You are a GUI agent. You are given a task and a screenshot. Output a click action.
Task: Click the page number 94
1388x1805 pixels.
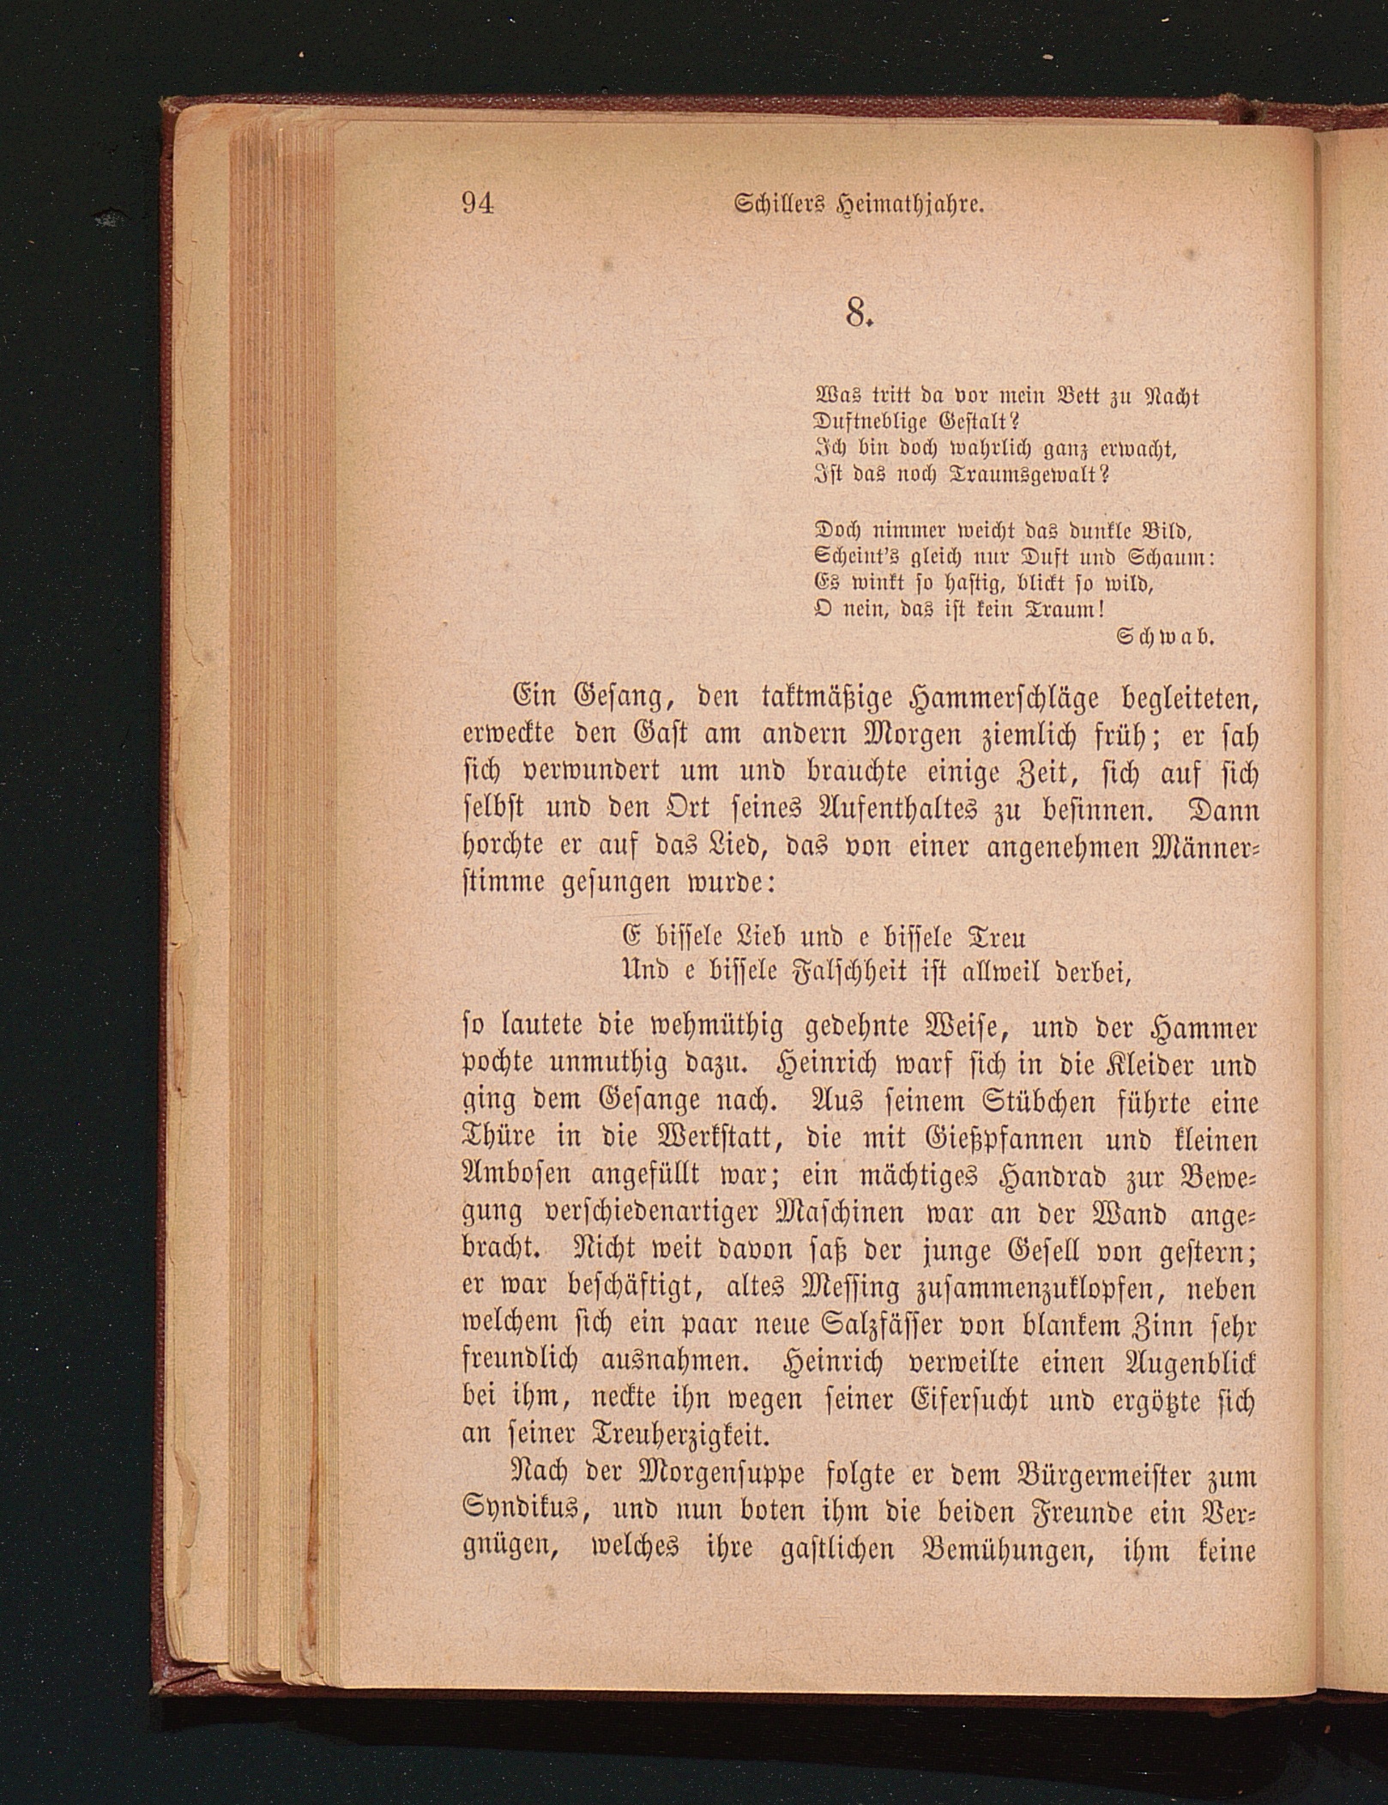coord(478,204)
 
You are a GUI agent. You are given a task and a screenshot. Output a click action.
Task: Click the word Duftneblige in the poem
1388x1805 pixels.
coord(874,422)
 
